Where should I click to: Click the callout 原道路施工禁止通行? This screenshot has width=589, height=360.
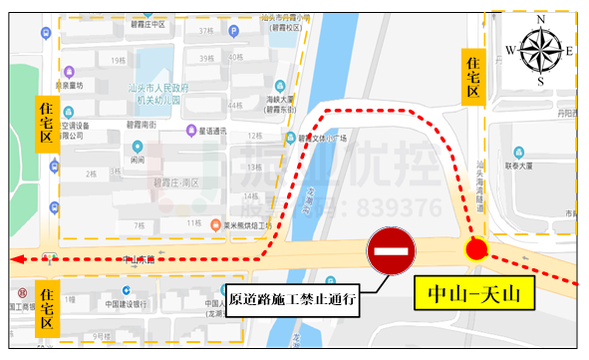click(293, 298)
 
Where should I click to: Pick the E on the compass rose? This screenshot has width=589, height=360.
click(571, 51)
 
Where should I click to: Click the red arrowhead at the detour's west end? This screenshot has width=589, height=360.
click(14, 259)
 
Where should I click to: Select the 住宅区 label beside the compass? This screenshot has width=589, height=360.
click(473, 77)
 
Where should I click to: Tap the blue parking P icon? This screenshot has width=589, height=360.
click(234, 32)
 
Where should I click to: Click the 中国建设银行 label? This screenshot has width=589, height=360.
click(125, 304)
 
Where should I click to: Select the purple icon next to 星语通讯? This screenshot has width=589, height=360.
click(190, 130)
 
